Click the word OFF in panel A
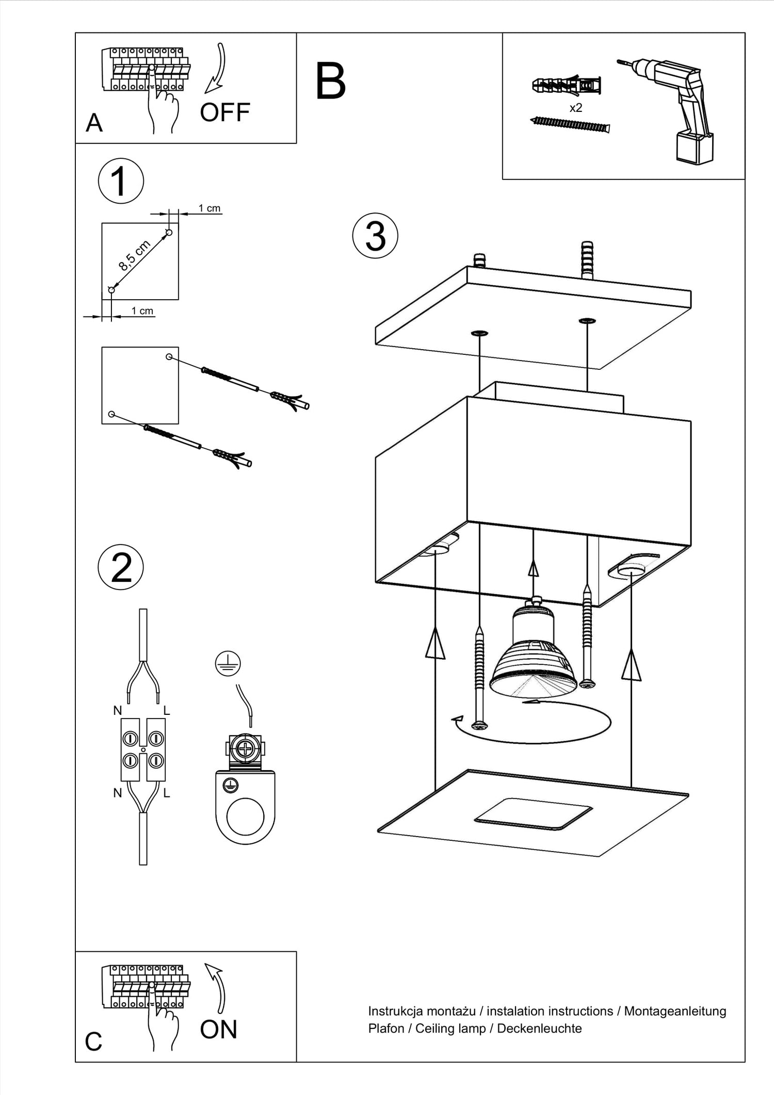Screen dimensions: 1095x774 (x=225, y=112)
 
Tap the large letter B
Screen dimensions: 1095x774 (x=330, y=81)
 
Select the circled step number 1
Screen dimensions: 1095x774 (x=121, y=181)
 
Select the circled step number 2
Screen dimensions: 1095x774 (x=121, y=567)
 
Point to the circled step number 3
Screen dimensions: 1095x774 (x=375, y=236)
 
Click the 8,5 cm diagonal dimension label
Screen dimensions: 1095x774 (x=134, y=255)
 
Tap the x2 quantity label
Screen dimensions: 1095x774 (x=576, y=108)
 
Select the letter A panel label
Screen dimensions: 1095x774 (x=94, y=123)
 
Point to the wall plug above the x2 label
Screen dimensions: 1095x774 (x=567, y=86)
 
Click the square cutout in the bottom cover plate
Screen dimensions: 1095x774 (x=533, y=814)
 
